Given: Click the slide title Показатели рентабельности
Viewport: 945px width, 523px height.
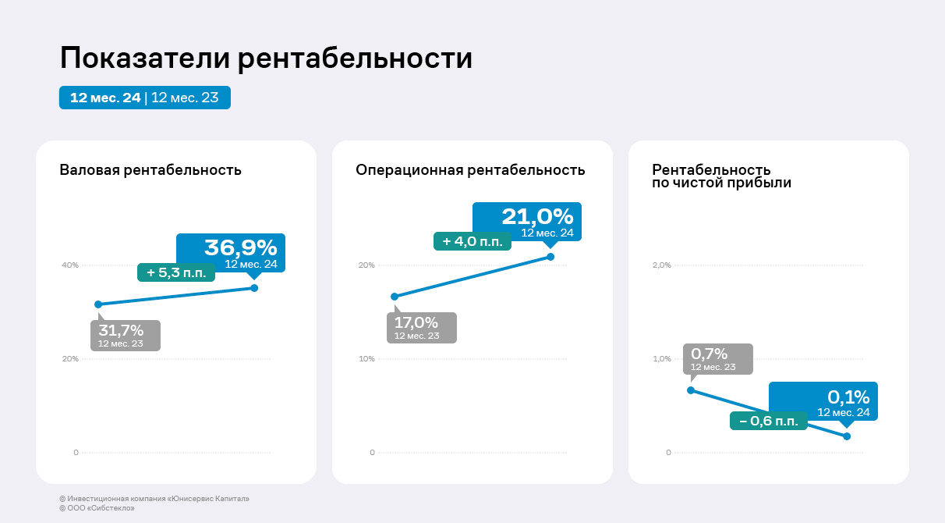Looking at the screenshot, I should pos(266,59).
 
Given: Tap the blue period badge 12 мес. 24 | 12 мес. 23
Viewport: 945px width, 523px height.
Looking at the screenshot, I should pos(144,98).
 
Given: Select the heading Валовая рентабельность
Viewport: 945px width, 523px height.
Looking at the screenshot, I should pos(150,170).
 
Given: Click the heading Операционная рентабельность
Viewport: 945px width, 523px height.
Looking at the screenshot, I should pos(470,170).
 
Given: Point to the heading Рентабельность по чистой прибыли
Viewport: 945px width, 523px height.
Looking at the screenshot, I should pos(721,176).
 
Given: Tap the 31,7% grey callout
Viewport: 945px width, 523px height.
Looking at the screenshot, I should pos(125,336).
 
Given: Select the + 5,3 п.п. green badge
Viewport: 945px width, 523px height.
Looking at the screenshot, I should pos(175,272).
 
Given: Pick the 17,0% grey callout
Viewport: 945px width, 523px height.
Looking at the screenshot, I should pos(421,328).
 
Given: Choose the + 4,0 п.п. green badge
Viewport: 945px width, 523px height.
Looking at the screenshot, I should pos(472,241).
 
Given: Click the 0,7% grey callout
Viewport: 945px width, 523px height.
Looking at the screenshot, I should pos(717,359).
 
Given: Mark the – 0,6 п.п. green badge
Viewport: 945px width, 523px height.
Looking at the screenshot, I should pos(768,421).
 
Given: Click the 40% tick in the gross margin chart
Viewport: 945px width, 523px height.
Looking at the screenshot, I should pos(70,265).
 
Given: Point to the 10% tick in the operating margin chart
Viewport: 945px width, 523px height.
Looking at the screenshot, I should pos(366,359).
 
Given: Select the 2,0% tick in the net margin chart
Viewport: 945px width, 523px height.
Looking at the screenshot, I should pos(661,265).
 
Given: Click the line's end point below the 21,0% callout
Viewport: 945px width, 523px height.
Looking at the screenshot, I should pos(550,257).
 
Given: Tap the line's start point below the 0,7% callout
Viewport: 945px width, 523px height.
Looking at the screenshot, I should pos(691,390).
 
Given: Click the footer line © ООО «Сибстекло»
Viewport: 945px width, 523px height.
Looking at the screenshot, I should pos(91,508).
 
